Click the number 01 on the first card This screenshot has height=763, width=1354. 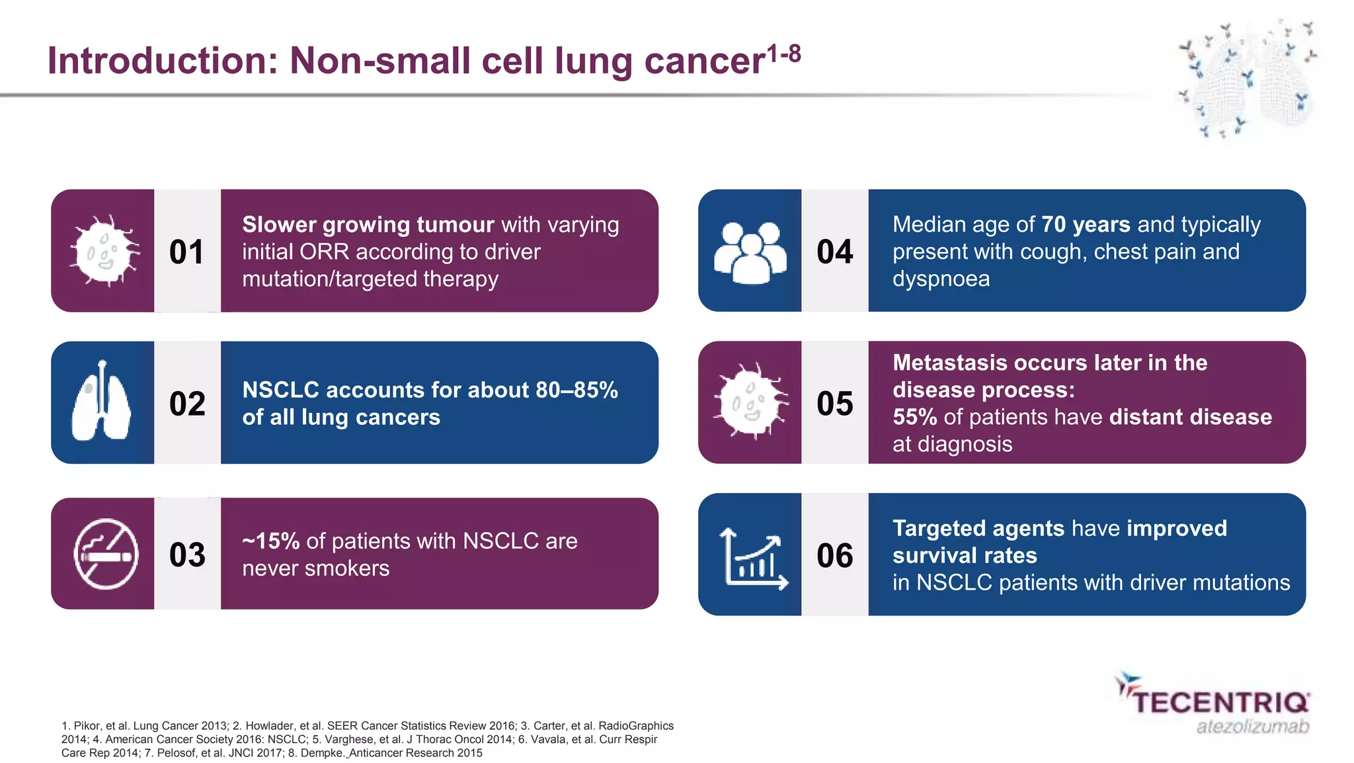tap(186, 252)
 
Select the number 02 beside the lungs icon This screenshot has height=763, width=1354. tap(187, 404)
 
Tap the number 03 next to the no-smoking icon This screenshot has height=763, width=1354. tap(187, 555)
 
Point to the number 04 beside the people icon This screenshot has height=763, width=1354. tap(834, 252)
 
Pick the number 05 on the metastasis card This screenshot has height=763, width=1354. tap(834, 404)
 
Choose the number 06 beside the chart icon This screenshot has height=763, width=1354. tap(834, 555)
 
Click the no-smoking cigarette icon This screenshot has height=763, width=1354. tap(106, 554)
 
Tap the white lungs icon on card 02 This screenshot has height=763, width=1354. tap(101, 402)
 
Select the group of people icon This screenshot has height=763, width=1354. tap(750, 252)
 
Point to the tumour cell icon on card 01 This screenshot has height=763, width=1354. tap(104, 251)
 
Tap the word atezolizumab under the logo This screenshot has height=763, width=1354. tap(1252, 727)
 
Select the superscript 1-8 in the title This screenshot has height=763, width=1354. tap(784, 53)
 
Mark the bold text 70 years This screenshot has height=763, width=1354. tap(1086, 225)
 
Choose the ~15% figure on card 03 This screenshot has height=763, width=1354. tap(271, 541)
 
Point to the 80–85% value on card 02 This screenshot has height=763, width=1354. tap(577, 390)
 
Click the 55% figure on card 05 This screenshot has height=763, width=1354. tap(914, 417)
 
